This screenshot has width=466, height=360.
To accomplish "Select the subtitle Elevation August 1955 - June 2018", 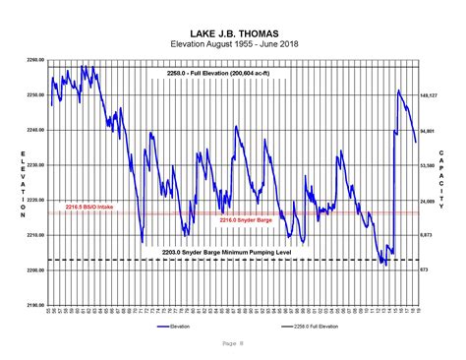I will pyautogui.click(x=232, y=44).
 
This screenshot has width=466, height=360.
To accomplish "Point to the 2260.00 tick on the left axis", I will pyautogui.click(x=34, y=61).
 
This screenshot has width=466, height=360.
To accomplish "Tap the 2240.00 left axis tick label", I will pyautogui.click(x=34, y=131).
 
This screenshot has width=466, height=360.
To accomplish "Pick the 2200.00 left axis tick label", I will pyautogui.click(x=34, y=270).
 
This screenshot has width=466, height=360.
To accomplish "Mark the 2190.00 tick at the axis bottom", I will pyautogui.click(x=34, y=305).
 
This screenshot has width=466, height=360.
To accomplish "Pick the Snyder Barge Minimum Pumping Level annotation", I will pyautogui.click(x=229, y=253).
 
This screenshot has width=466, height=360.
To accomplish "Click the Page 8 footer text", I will pyautogui.click(x=232, y=343).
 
